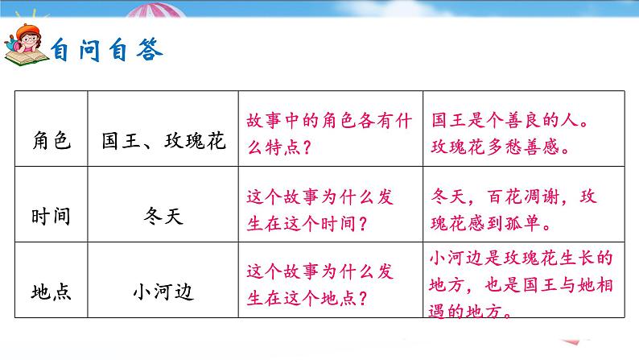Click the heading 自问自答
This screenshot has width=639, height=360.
pyautogui.click(x=107, y=52)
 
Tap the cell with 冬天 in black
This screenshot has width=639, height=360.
pyautogui.click(x=163, y=217)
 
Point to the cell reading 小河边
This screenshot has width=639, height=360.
pyautogui.click(x=163, y=291)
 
